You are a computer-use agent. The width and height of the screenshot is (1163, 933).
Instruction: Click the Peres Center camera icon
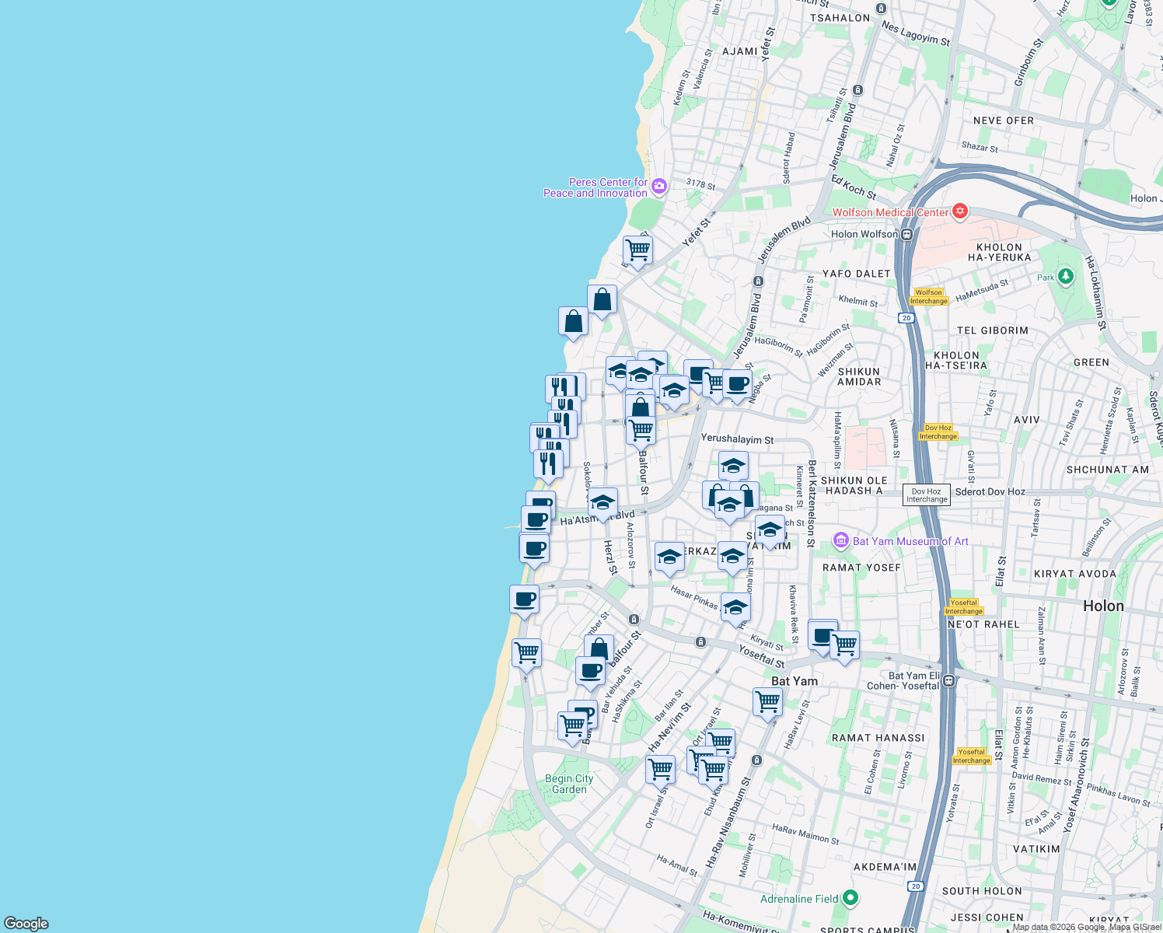pyautogui.click(x=659, y=186)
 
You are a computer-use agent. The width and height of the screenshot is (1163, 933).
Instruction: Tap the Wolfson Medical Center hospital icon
pyautogui.click(x=960, y=211)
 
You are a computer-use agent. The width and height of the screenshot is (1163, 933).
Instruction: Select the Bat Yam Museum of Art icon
pyautogui.click(x=840, y=540)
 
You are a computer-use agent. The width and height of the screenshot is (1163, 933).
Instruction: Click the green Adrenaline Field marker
pyautogui.click(x=850, y=898)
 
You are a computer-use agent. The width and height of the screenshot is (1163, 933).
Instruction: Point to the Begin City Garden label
pyautogui.click(x=569, y=784)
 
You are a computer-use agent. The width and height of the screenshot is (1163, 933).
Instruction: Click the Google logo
pyautogui.click(x=26, y=923)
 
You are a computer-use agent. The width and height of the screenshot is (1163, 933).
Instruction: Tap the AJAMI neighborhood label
pyautogui.click(x=739, y=51)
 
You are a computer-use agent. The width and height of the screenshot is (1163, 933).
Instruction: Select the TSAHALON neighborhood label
pyautogui.click(x=840, y=18)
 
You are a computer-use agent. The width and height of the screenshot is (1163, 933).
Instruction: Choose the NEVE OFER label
pyautogui.click(x=1004, y=121)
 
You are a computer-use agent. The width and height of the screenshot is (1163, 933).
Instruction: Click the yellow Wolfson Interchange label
pyautogui.click(x=929, y=297)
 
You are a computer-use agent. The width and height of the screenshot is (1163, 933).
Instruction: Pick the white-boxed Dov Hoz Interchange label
pyautogui.click(x=926, y=495)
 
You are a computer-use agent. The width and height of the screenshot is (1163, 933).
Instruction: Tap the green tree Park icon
pyautogui.click(x=1065, y=276)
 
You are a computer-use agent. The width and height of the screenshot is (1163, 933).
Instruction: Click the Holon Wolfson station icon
pyautogui.click(x=906, y=234)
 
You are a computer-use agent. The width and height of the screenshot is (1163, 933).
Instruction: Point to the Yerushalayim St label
pyautogui.click(x=737, y=439)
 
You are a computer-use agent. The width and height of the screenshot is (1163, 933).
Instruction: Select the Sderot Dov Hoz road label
pyautogui.click(x=990, y=491)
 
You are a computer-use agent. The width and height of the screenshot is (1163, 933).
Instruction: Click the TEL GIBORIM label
pyautogui.click(x=992, y=330)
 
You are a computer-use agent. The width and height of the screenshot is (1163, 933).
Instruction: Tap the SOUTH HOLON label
pyautogui.click(x=982, y=891)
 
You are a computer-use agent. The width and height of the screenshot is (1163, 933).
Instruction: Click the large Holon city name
pyautogui.click(x=1103, y=606)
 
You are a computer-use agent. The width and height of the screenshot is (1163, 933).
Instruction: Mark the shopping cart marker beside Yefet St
pyautogui.click(x=637, y=251)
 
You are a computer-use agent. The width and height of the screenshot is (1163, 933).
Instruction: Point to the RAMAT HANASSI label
pyautogui.click(x=878, y=738)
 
